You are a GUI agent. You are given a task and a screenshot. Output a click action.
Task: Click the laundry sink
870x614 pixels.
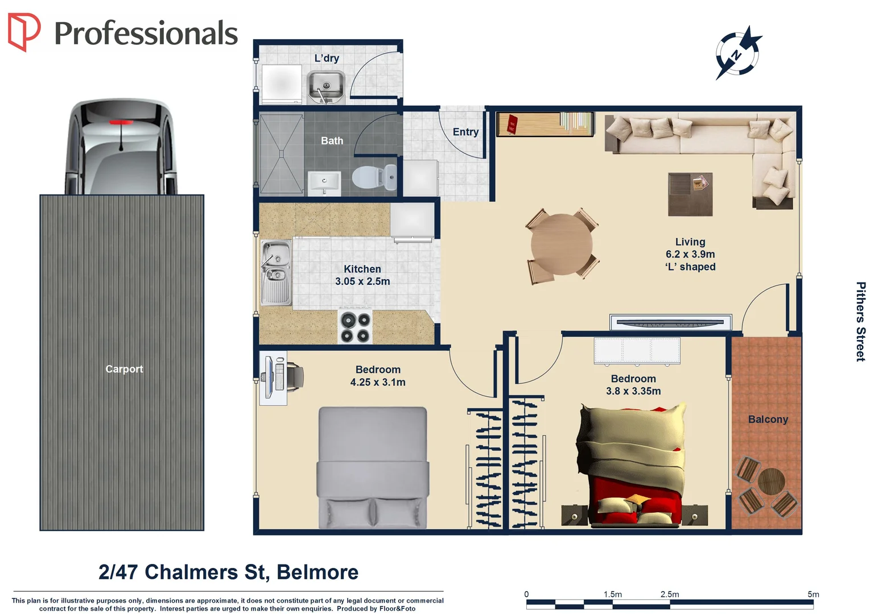[x=325, y=87]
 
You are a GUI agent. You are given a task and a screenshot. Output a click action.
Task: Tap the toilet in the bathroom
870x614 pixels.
[x=374, y=177]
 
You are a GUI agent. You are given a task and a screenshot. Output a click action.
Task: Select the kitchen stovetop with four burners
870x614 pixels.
[x=355, y=327]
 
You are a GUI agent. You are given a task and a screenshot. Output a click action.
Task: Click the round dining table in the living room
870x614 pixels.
[x=562, y=244]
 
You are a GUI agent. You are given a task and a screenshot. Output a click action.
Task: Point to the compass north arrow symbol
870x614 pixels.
[x=737, y=53]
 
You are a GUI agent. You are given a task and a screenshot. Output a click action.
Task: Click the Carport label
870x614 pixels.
[x=124, y=369]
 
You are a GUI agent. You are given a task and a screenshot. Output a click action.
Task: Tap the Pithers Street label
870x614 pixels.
[x=860, y=321]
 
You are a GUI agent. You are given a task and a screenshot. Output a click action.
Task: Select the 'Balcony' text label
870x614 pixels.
[x=768, y=420]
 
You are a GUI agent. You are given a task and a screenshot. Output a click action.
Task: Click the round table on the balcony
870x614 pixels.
[x=771, y=482]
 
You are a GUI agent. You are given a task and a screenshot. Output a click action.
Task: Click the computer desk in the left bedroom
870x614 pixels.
[x=273, y=377]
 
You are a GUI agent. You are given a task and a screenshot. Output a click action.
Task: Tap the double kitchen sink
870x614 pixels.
[x=276, y=272]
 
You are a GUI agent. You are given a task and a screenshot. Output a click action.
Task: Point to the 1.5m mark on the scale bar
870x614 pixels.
[x=613, y=595]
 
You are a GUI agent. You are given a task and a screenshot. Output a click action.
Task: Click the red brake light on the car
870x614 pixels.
[x=121, y=122]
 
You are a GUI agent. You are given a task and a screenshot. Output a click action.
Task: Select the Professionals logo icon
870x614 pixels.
[x=24, y=32]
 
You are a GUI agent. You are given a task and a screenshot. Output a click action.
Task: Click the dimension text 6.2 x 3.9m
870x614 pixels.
[x=690, y=254]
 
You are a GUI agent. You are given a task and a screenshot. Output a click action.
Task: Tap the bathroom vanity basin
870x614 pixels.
[x=324, y=183]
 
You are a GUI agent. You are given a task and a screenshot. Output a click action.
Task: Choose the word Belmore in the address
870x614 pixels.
[x=318, y=572]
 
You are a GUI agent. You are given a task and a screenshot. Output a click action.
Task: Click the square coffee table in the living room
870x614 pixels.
[x=690, y=194]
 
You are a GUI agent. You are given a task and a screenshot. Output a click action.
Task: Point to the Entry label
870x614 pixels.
[x=465, y=132]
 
